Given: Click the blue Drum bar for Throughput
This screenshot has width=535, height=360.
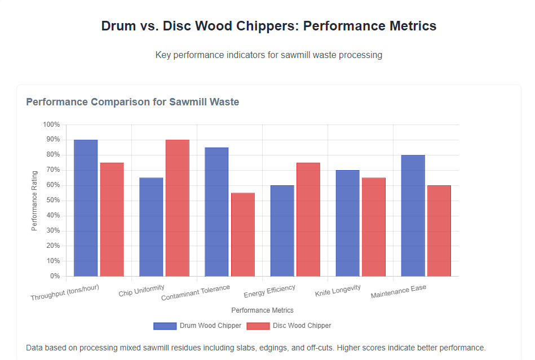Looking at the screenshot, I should tap(86, 208).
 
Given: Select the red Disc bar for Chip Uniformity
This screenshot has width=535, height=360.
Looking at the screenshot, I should tap(178, 208).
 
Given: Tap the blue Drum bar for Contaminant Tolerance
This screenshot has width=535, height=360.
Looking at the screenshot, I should tap(216, 212).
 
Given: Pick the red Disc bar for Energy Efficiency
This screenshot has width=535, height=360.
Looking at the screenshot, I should tap(308, 220).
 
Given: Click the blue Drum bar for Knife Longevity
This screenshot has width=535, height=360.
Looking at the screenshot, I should tap(347, 223).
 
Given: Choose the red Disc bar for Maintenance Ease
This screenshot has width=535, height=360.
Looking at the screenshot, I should tap(439, 231).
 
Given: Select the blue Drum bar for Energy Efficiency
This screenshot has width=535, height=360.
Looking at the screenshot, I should tap(282, 231).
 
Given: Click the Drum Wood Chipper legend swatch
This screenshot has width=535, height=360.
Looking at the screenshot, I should tap(165, 326).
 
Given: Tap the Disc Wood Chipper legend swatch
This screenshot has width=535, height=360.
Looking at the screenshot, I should tap(258, 326).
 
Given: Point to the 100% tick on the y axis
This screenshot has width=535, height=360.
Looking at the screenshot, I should tap(51, 125).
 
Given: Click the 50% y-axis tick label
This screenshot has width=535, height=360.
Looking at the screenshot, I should tap(53, 201).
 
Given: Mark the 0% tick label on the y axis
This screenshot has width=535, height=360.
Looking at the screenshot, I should tap(55, 276).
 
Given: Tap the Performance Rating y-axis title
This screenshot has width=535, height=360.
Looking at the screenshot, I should tap(35, 201).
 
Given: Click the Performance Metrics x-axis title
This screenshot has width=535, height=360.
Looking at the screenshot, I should tap(262, 310).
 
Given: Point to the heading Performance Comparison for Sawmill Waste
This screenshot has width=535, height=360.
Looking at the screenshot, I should tap(132, 102).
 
